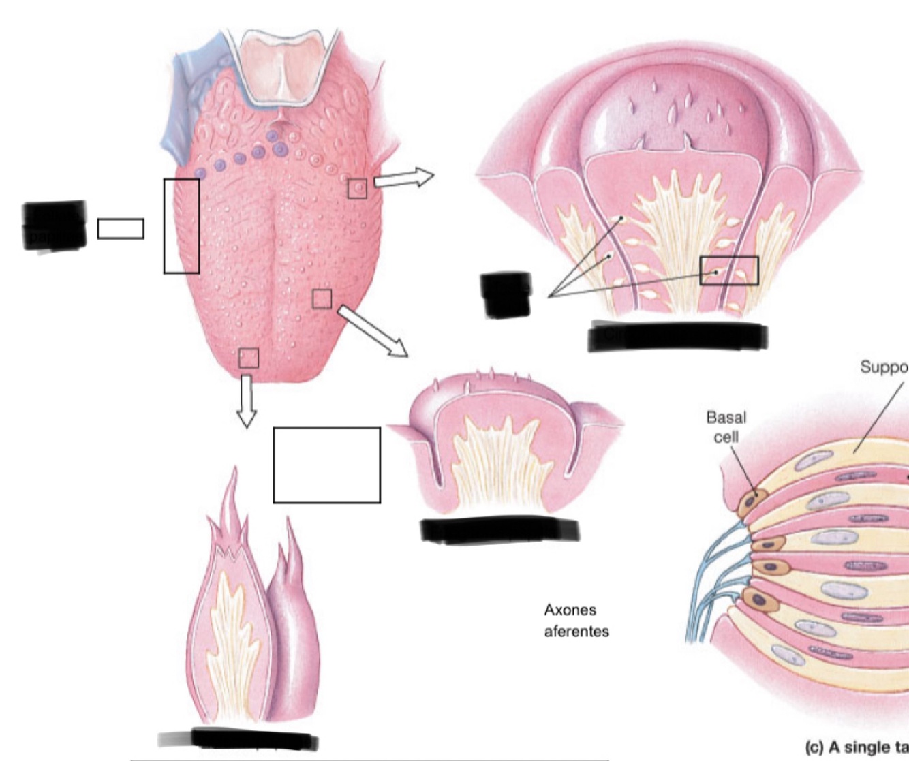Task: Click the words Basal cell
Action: coord(726,426)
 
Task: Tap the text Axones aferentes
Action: coord(576,620)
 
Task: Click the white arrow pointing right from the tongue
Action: coord(404,178)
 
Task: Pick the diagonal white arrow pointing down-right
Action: coord(373,331)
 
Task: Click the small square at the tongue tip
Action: coord(249,358)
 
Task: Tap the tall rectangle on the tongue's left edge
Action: coord(181,226)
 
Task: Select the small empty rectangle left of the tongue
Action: coord(121,229)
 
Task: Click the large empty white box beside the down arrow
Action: coord(326,465)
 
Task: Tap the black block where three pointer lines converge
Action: coord(506,294)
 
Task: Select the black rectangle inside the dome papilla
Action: coord(729,270)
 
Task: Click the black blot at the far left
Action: coord(55,226)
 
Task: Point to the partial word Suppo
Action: coord(884,368)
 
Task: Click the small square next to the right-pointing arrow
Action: coord(357,189)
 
